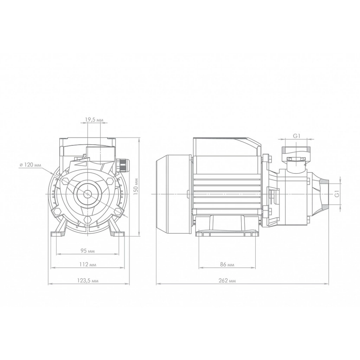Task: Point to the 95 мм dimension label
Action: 87,251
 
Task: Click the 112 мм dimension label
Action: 88,265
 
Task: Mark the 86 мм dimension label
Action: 227,265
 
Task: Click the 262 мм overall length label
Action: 227,280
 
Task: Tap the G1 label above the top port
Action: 297,136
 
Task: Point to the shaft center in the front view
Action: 88,194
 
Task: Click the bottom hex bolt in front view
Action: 87,220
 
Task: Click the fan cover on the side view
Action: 174,194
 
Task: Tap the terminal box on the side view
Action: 227,147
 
